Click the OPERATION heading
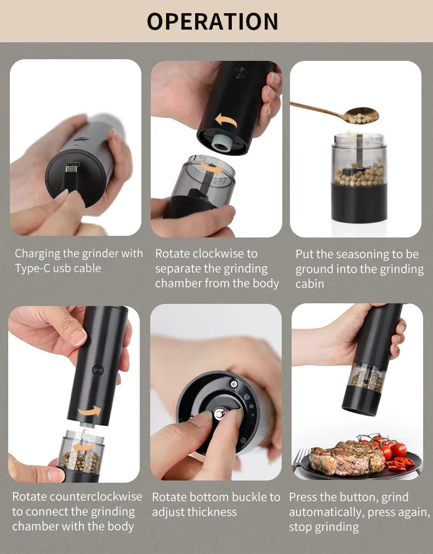click(x=213, y=21)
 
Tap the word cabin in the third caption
click(x=310, y=284)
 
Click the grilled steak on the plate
click(x=346, y=457)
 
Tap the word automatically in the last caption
click(x=324, y=512)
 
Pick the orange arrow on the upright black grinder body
click(x=89, y=411)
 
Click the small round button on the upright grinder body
click(x=98, y=370)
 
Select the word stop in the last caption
click(x=300, y=527)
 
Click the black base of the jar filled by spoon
click(x=359, y=203)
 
